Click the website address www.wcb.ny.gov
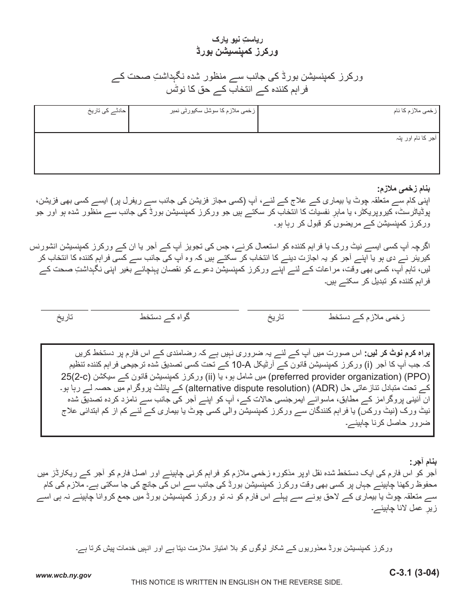click(63, 575)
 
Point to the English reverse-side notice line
click(237, 582)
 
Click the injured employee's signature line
click(366, 310)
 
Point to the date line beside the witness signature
click(64, 310)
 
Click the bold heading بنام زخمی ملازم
click(410, 189)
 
